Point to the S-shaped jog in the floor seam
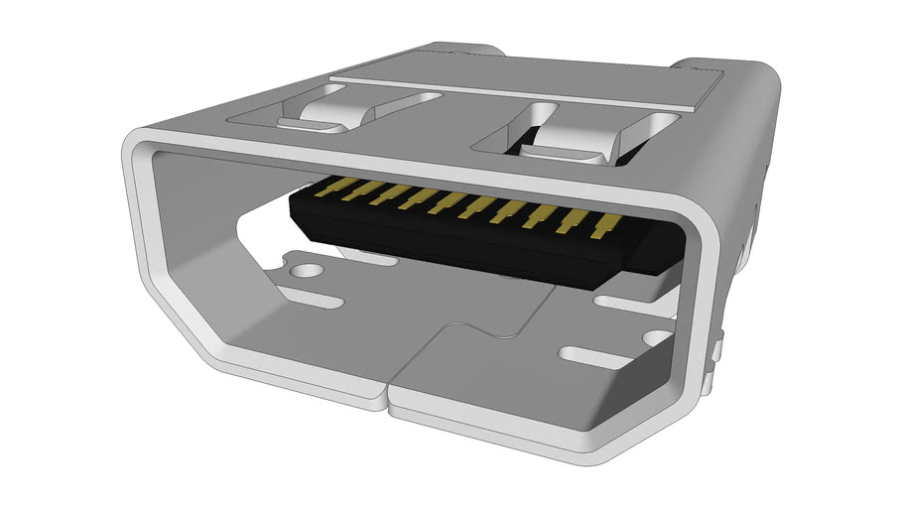point(451,327)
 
